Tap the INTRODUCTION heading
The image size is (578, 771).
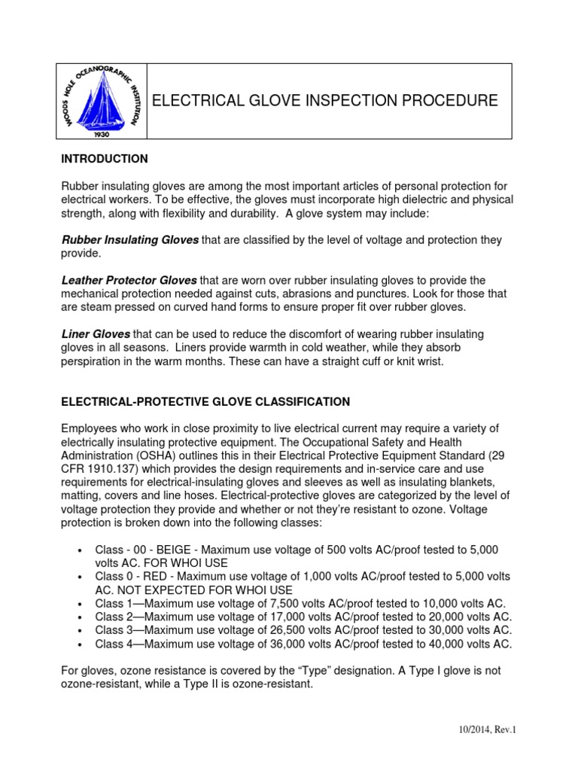tap(104, 159)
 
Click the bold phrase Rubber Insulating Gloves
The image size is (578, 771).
tap(129, 239)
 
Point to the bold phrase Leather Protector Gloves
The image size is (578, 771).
tap(129, 279)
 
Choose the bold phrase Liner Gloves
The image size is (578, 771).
tap(96, 334)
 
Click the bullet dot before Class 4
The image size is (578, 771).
tap(80, 645)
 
